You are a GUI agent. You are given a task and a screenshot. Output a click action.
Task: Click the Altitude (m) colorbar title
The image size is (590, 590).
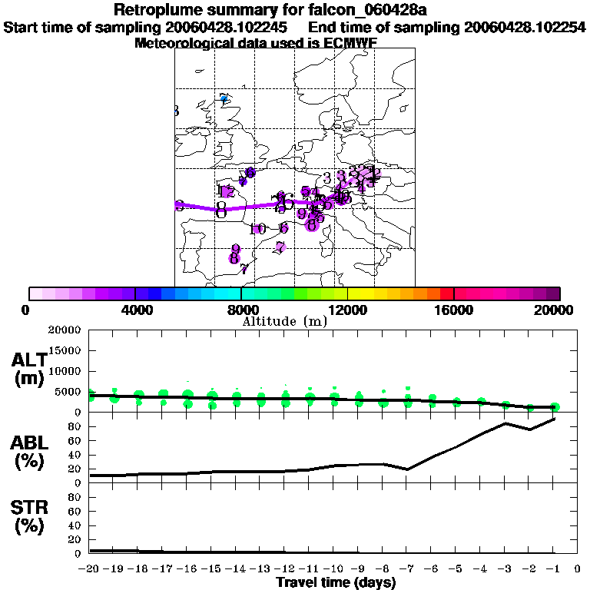[284, 321]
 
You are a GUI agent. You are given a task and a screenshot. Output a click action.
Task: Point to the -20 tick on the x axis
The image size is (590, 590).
[90, 568]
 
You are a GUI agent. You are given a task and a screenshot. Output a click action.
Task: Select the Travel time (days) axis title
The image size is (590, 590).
[336, 583]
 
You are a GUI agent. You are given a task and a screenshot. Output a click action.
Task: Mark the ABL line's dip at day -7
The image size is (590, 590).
[407, 469]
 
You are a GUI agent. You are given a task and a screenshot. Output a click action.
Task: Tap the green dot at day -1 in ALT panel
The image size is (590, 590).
[555, 407]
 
